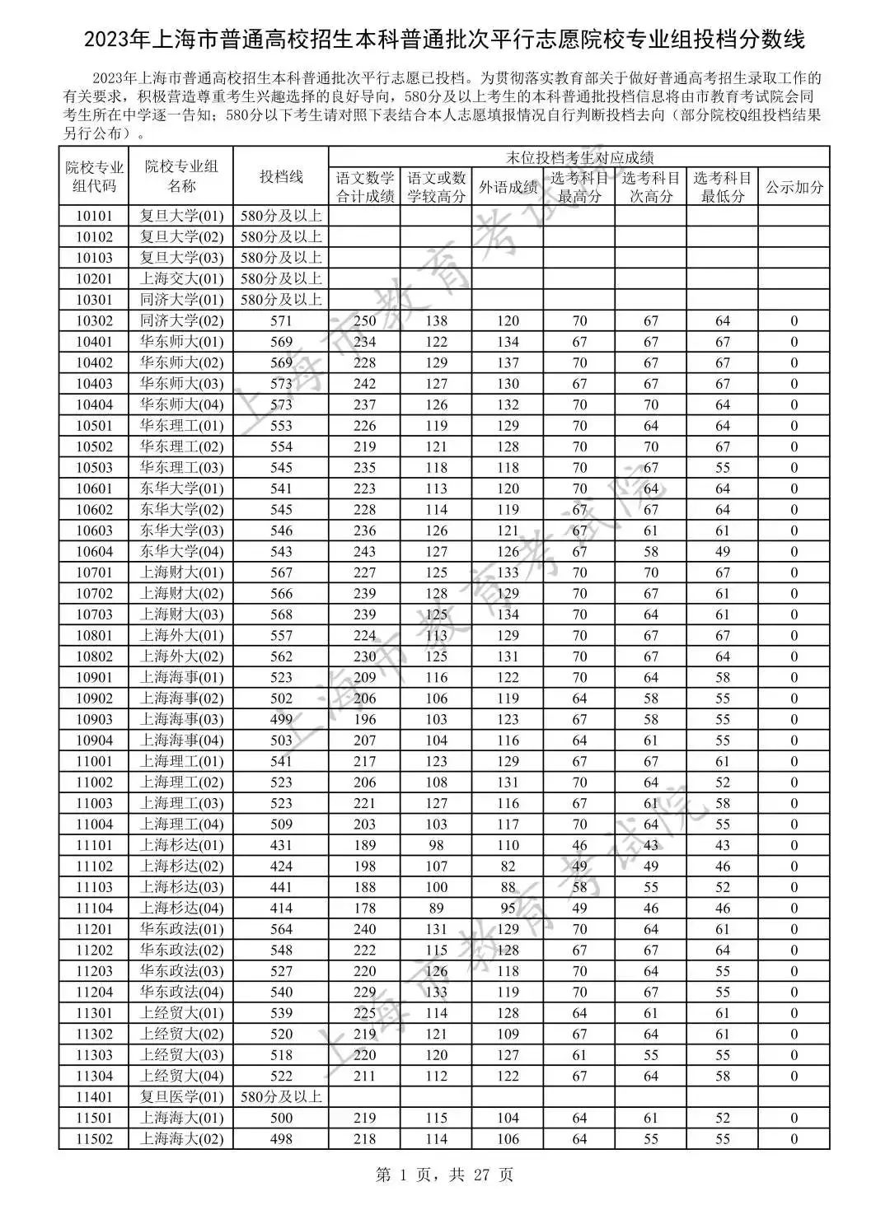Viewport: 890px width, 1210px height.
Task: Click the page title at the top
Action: (x=444, y=39)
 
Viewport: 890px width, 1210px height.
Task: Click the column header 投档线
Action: (x=281, y=176)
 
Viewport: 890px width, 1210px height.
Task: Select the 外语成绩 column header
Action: (x=508, y=187)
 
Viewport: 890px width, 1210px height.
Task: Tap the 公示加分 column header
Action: (x=794, y=187)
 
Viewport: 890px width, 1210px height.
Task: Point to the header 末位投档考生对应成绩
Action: (x=579, y=157)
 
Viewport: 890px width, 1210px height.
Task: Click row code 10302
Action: (x=94, y=321)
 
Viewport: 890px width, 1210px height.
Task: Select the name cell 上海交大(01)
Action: (x=181, y=279)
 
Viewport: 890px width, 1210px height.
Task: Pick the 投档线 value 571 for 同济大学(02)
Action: (x=281, y=321)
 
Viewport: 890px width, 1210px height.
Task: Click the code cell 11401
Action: (x=94, y=1097)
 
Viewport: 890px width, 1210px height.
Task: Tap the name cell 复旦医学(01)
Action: (x=181, y=1097)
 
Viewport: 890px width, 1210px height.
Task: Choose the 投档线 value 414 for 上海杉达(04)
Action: (x=281, y=909)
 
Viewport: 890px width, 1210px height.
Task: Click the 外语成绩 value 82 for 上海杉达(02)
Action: (x=508, y=867)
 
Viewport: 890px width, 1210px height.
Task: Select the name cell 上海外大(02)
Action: (x=181, y=656)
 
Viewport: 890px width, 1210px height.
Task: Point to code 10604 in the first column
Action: (x=94, y=552)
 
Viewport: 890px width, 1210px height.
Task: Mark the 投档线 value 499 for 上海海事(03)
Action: (x=281, y=720)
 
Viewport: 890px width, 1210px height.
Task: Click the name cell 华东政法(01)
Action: (x=181, y=929)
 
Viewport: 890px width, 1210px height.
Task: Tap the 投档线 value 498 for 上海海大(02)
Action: (x=281, y=1139)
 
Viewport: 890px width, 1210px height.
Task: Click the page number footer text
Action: (x=444, y=1175)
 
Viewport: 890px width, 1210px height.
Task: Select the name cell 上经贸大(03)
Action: (x=181, y=1055)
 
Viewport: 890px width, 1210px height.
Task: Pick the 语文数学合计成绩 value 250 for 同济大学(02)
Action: (x=364, y=321)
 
